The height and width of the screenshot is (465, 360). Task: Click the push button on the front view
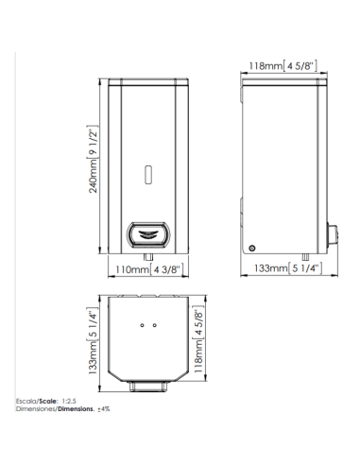click(x=148, y=234)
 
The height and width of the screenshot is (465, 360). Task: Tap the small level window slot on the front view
click(x=148, y=174)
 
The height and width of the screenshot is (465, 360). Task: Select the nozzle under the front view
click(x=148, y=257)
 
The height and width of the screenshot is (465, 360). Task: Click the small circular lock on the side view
click(x=251, y=249)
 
